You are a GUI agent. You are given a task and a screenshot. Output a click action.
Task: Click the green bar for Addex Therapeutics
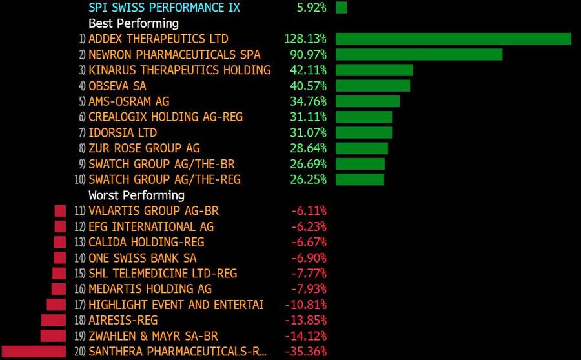coord(453,39)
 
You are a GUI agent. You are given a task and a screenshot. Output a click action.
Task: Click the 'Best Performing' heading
coord(133,23)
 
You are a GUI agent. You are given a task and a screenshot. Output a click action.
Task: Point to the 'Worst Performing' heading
coord(136,195)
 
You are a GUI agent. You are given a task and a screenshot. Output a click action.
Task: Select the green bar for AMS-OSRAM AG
coord(367,101)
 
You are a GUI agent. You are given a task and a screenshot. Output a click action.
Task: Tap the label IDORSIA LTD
coord(123,132)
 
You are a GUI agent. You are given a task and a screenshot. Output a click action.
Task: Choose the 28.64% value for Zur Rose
coord(308,148)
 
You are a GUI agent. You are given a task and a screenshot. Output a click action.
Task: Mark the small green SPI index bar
coord(341,8)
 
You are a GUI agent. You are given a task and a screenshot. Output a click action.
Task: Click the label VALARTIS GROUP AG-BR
coord(154,211)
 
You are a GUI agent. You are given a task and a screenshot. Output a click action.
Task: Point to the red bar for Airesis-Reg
coord(54,320)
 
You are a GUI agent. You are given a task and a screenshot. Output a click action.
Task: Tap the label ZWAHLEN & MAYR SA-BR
coord(153,336)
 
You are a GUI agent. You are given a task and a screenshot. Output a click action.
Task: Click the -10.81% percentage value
coord(305,305)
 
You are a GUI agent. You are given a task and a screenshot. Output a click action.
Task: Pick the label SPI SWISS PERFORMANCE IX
coord(164,8)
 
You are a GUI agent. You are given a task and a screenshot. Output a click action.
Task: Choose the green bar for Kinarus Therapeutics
coord(374,70)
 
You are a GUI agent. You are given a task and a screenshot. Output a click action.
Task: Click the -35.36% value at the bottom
coord(305,352)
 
